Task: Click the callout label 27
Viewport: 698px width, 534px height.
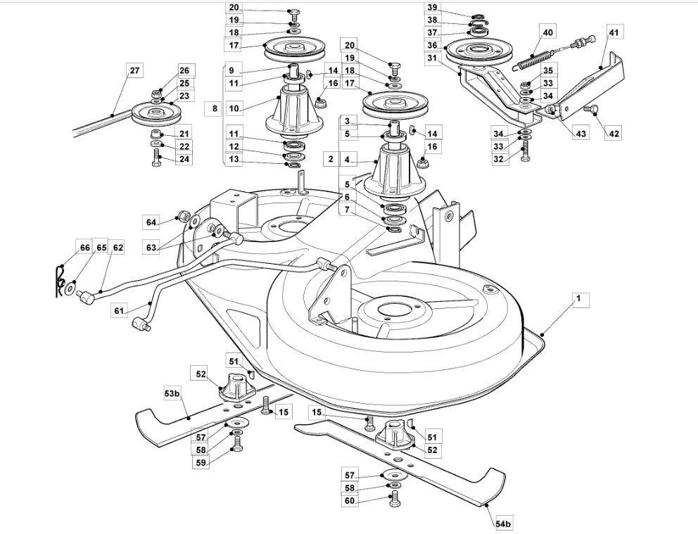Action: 135,71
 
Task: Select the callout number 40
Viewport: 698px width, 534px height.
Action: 547,33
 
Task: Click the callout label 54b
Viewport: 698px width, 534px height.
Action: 502,524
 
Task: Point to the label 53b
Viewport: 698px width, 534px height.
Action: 172,393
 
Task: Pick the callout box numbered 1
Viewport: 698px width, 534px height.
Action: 578,300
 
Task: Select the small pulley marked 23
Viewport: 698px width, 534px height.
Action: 156,113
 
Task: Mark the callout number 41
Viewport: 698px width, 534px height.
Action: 614,32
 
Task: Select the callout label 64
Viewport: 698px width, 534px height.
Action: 152,222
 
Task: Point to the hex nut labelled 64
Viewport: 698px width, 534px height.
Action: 182,216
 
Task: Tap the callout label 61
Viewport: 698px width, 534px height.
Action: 118,310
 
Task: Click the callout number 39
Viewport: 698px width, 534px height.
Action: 432,8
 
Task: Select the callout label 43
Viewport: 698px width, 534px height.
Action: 580,132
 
